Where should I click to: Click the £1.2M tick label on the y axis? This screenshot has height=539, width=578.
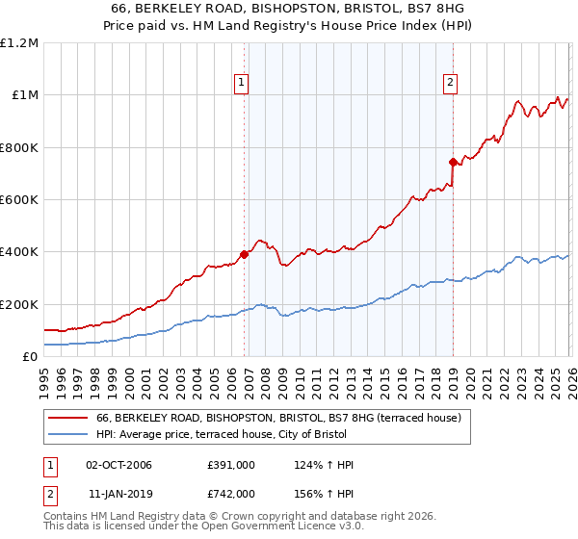pyautogui.click(x=19, y=43)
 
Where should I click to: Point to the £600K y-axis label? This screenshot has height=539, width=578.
pyautogui.click(x=19, y=200)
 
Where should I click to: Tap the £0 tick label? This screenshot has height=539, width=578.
pyautogui.click(x=30, y=357)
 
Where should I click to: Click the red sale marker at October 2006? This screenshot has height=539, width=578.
pyautogui.click(x=244, y=254)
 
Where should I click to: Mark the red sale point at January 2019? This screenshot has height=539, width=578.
pyautogui.click(x=452, y=163)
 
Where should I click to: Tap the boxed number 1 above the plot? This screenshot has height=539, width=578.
pyautogui.click(x=241, y=84)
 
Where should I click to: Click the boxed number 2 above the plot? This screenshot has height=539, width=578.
pyautogui.click(x=450, y=84)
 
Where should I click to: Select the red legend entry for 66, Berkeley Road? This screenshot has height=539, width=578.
pyautogui.click(x=278, y=418)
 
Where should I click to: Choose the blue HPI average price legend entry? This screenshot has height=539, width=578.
pyautogui.click(x=227, y=435)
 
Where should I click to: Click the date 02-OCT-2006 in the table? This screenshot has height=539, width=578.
pyautogui.click(x=118, y=465)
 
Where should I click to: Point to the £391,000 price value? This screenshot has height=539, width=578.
pyautogui.click(x=231, y=465)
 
